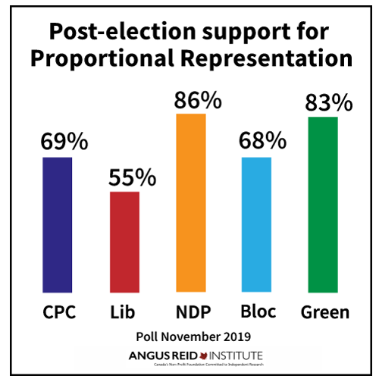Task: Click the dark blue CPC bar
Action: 58,225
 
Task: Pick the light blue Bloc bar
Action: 256,225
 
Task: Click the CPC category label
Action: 58,312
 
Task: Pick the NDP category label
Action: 190,312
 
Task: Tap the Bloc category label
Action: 256,312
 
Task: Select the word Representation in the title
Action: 264,61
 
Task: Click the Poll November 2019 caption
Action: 189,334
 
